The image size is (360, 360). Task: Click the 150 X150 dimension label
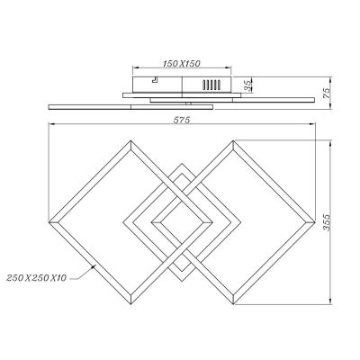(182, 64)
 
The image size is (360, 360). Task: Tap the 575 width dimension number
(182, 120)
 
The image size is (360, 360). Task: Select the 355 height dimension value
(327, 222)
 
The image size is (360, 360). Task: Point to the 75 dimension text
(327, 93)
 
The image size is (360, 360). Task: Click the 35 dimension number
(247, 86)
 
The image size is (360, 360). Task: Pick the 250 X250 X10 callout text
(36, 278)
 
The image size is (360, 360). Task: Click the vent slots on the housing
(211, 85)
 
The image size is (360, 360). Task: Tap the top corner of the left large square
(130, 140)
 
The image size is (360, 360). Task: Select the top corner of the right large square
(233, 140)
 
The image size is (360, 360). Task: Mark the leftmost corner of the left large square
(49, 222)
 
